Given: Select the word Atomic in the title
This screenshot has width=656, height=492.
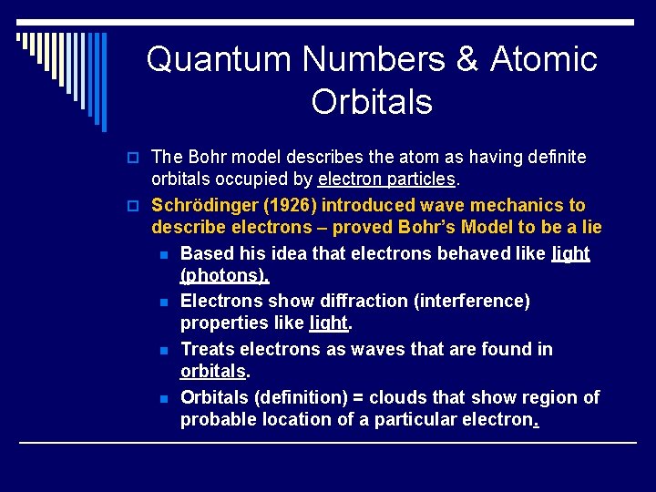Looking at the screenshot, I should coord(544,59).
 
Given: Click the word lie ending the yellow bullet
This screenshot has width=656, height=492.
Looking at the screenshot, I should coord(589,227).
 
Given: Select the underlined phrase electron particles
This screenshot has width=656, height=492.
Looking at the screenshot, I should coord(404,179).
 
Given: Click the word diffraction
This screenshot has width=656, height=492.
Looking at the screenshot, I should coord(310,301).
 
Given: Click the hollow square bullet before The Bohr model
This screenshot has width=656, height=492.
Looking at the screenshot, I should coord(136,159).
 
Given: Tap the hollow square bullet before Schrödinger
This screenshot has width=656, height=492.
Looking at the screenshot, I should coord(136,206).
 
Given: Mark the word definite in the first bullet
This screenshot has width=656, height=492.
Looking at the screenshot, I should coord(553,158).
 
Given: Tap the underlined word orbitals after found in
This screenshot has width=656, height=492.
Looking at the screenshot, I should coord(213,372).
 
